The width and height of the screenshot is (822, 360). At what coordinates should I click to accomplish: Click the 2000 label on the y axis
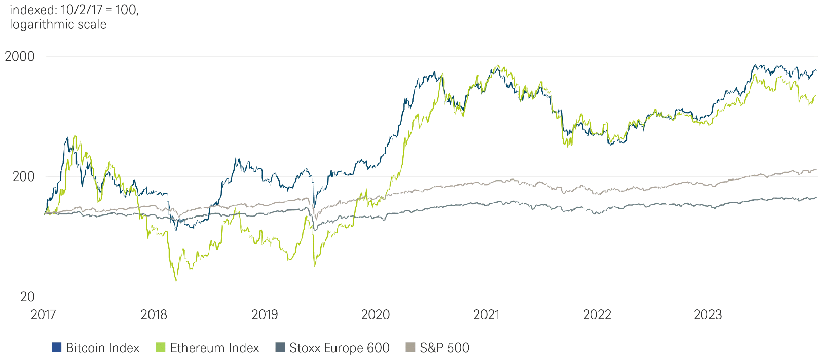[x=20, y=56]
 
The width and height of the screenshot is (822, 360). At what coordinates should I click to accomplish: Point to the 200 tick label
[x=23, y=176]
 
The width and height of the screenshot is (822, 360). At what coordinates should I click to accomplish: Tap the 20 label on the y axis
[x=27, y=297]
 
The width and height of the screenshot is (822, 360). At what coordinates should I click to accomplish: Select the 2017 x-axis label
[x=44, y=315]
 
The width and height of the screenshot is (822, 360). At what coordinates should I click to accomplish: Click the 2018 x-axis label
[x=154, y=315]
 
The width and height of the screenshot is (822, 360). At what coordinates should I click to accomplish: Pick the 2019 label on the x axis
[x=265, y=315]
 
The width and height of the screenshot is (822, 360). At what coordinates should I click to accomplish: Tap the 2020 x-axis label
[x=376, y=315]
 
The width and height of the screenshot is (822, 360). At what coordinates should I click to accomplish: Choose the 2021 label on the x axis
[x=487, y=315]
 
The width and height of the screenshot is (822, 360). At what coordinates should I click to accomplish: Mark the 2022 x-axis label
[x=597, y=315]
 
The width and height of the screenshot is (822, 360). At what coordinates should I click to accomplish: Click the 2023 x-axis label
[x=707, y=315]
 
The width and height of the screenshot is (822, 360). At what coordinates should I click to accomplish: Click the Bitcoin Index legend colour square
[x=57, y=347]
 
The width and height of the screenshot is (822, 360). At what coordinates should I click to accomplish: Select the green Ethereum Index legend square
[x=161, y=347]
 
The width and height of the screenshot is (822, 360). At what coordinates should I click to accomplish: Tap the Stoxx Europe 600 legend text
[x=339, y=348]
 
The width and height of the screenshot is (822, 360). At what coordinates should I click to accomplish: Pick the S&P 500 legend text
[x=444, y=348]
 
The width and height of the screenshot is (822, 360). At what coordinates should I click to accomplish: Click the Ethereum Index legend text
[x=214, y=348]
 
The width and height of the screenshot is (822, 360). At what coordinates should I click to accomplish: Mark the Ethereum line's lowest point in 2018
[x=176, y=281]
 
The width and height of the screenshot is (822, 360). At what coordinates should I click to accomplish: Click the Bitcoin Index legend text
[x=102, y=348]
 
